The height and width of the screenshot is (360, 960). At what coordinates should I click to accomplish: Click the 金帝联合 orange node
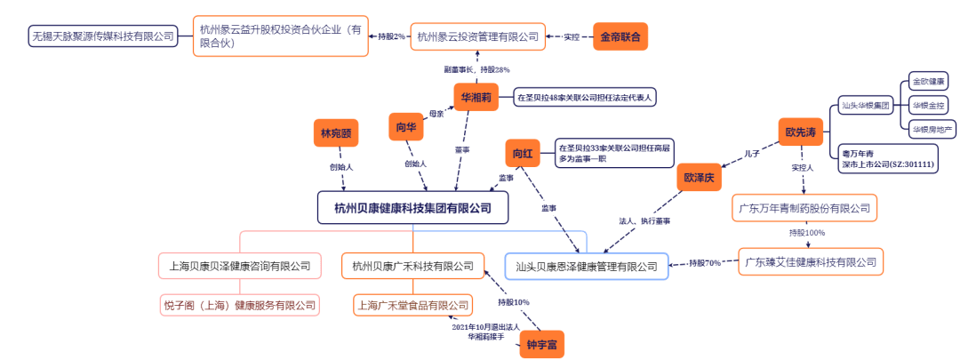[x=620, y=37]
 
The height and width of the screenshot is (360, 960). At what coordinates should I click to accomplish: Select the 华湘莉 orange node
[x=476, y=97]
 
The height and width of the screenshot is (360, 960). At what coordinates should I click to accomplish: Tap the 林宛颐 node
[x=336, y=133]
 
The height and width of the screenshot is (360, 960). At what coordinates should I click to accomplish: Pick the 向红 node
[x=522, y=155]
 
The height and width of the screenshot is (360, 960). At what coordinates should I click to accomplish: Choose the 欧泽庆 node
[x=699, y=177]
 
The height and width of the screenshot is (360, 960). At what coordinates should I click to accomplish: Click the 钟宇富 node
[x=541, y=344]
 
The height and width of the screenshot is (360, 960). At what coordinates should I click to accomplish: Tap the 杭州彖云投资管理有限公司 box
[x=477, y=37]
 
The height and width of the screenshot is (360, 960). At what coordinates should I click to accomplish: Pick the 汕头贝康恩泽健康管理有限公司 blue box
[x=587, y=265]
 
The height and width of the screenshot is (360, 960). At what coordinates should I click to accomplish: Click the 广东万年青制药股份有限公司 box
[x=806, y=210]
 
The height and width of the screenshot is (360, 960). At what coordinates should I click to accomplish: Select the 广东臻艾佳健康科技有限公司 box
[x=811, y=261]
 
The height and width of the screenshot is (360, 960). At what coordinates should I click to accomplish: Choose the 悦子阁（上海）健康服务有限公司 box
[x=239, y=305]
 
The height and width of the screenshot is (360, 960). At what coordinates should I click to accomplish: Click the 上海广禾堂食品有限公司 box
[x=412, y=305]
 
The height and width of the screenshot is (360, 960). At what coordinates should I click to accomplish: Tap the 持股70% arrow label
[x=705, y=263]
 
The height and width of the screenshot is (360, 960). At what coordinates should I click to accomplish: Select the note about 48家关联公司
[x=584, y=97]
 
